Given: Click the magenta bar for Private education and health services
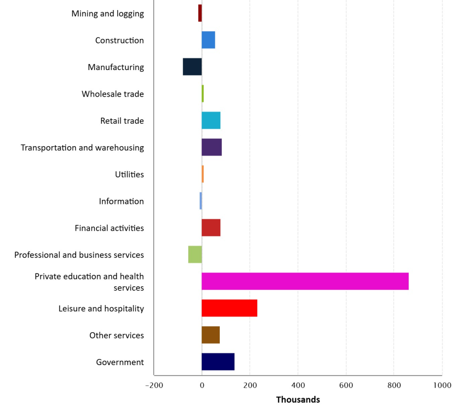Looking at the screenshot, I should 305,281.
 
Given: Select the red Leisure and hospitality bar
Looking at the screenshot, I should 229,308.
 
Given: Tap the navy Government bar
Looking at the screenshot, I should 218,362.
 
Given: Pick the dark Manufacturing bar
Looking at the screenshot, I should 192,67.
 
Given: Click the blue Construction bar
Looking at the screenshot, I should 208,40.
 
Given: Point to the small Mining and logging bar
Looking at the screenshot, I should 200,13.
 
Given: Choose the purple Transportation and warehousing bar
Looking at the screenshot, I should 212,148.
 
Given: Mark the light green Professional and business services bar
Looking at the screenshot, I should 195,255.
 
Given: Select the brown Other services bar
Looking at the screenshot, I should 211,335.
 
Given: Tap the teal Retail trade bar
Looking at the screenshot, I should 211,121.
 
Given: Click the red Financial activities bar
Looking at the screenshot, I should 211,228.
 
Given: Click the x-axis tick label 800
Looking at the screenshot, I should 394,385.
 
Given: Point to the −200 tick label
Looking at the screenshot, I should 154,385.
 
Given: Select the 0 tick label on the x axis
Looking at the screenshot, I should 202,385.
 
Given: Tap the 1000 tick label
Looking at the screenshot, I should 442,385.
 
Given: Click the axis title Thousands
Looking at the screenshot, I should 298,400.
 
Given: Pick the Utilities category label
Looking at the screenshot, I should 130,175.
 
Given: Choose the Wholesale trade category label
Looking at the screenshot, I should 113,94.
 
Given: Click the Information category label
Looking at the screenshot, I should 121,201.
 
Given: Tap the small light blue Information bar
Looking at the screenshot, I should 201,201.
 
